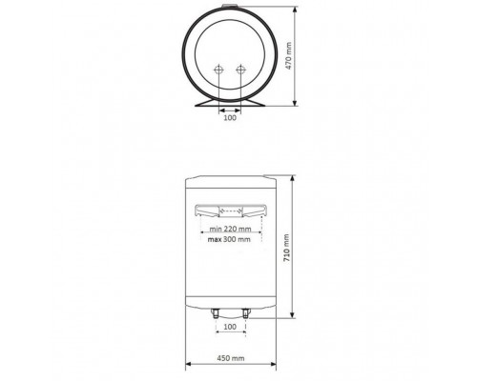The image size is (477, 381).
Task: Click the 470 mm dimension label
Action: tap(289, 55)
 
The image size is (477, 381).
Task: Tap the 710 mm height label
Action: tap(286, 248)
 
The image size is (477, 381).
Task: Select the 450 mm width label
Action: tap(231, 358)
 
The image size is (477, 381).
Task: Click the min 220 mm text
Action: tap(230, 229)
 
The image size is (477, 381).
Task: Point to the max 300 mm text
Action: tap(229, 239)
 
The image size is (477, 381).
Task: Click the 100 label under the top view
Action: tap(230, 118)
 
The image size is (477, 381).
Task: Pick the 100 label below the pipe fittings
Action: tap(230, 327)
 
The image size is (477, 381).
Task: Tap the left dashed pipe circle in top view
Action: tap(218, 70)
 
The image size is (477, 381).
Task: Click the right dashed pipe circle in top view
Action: tap(240, 70)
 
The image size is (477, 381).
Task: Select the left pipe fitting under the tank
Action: tap(215, 313)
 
